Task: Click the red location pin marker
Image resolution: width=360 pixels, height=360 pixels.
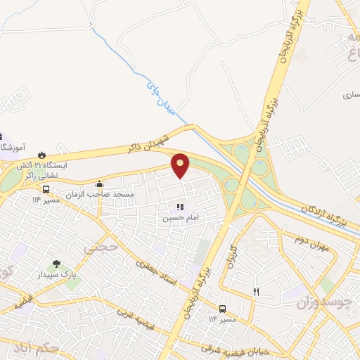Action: (x=181, y=165)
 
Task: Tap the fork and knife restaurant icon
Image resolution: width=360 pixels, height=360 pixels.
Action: (x=256, y=292)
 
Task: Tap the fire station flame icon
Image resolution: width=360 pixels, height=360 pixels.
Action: (x=41, y=154)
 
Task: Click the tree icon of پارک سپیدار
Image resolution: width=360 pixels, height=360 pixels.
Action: (x=57, y=264)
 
